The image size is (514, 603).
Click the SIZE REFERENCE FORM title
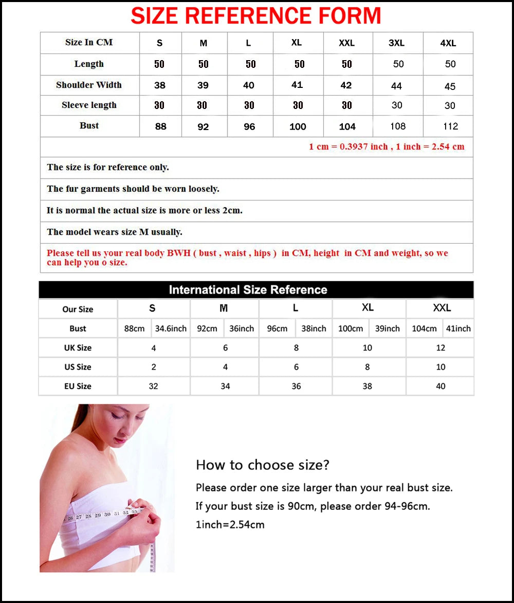click(255, 15)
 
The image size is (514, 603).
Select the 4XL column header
click(448, 43)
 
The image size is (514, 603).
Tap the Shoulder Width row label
click(89, 85)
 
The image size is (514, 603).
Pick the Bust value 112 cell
click(450, 126)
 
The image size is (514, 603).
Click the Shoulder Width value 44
click(396, 86)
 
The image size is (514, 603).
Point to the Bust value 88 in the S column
click(161, 126)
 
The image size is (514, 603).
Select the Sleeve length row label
click(89, 105)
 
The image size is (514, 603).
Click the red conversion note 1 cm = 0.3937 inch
click(386, 147)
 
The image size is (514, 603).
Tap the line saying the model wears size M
click(115, 232)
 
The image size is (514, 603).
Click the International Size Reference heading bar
click(255, 290)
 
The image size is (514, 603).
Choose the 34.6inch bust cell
click(171, 328)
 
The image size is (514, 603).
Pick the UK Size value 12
click(440, 348)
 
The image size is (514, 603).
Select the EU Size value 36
click(296, 386)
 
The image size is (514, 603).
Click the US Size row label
click(78, 367)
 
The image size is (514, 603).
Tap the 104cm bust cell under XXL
click(424, 328)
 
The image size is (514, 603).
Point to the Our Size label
click(78, 309)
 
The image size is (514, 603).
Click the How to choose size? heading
click(262, 465)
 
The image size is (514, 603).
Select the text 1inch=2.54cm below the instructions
click(230, 525)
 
